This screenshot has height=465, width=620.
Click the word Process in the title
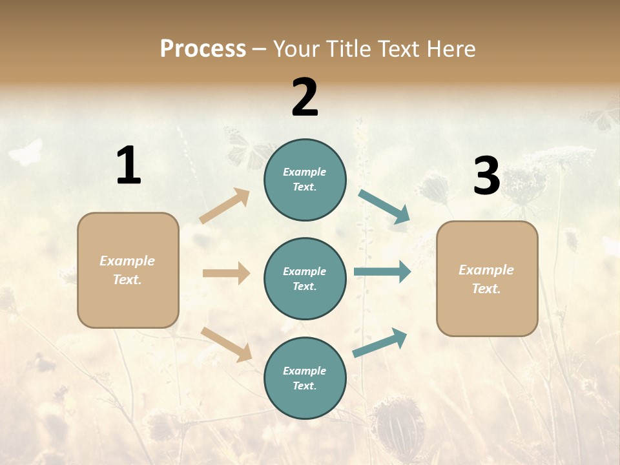tap(203, 49)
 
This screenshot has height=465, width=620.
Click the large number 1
tap(129, 166)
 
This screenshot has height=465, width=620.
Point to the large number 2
tap(305, 98)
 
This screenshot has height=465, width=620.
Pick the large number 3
tap(486, 176)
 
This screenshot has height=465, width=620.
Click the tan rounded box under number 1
tap(128, 270)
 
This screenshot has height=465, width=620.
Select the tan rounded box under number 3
tap(487, 278)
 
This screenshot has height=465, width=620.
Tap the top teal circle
tap(305, 180)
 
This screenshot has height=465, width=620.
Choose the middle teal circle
tap(305, 278)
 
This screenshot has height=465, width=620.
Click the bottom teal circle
tap(305, 378)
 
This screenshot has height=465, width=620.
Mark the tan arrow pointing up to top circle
tap(225, 205)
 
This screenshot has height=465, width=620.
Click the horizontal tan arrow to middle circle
tap(226, 273)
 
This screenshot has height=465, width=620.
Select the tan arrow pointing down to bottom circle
tap(226, 344)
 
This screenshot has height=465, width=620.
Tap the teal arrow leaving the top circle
tap(385, 207)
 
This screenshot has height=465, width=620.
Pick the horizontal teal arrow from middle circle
tap(382, 272)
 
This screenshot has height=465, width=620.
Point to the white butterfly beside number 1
tap(26, 153)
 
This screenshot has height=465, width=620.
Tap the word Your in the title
tap(298, 49)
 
